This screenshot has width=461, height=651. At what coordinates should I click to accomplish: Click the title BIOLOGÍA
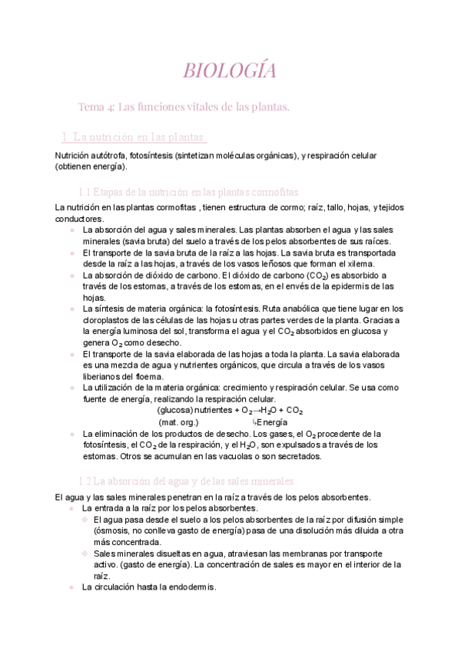click(x=230, y=71)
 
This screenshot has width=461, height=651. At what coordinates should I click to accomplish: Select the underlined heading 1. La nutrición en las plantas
click(x=134, y=137)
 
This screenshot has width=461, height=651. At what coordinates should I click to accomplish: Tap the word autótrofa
click(x=104, y=155)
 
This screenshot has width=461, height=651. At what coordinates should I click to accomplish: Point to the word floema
click(x=148, y=376)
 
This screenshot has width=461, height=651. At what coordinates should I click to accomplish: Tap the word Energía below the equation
click(x=273, y=422)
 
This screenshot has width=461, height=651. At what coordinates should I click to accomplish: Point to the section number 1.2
click(x=88, y=481)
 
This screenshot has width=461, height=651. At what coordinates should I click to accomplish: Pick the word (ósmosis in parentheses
click(x=116, y=530)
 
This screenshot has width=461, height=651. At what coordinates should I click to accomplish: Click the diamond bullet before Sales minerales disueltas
click(x=85, y=553)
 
